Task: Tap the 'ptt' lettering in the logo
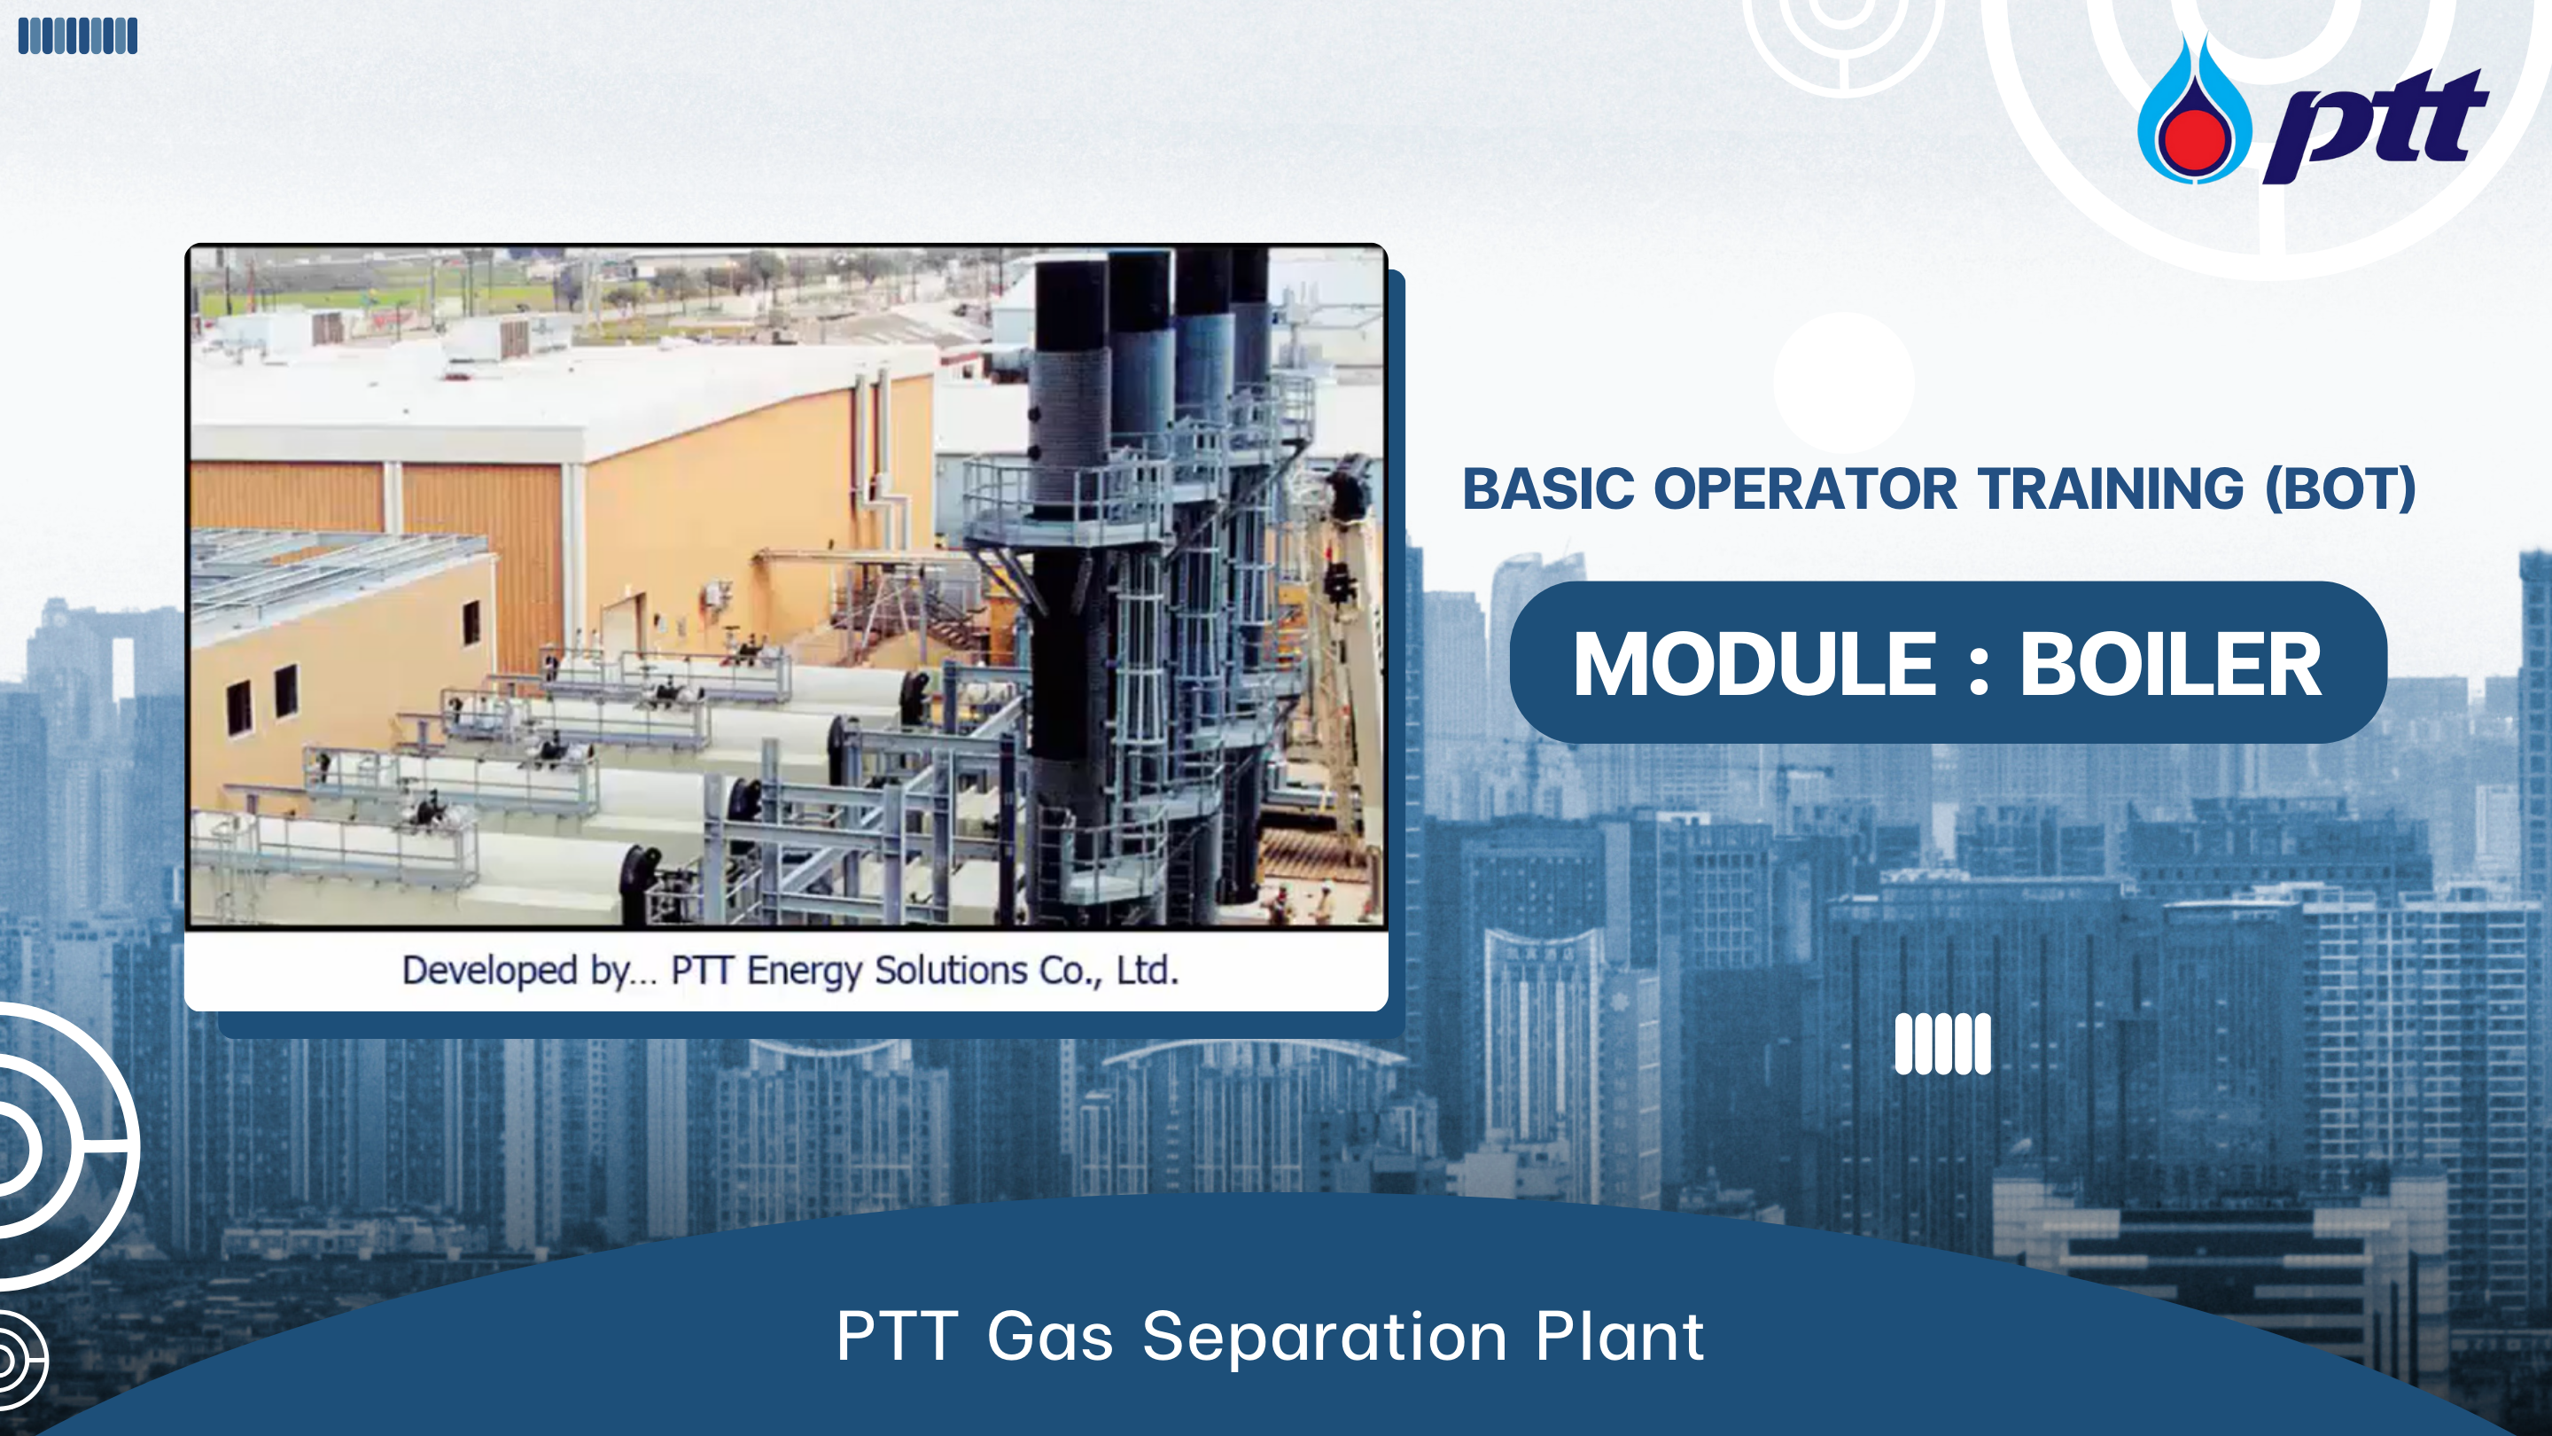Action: tap(2376, 126)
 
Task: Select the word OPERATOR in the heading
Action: tap(1805, 488)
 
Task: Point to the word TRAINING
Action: tap(2111, 488)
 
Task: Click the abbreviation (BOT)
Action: tap(2341, 489)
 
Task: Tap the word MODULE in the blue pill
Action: tap(1754, 664)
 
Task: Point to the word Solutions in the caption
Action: tap(951, 971)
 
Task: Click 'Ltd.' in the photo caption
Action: tap(1148, 971)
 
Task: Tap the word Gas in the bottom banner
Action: tap(1050, 1337)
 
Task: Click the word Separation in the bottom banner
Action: tap(1325, 1338)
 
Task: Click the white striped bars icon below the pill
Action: tap(1942, 1043)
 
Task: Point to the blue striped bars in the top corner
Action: tap(78, 35)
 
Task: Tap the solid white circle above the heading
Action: tap(1844, 383)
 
